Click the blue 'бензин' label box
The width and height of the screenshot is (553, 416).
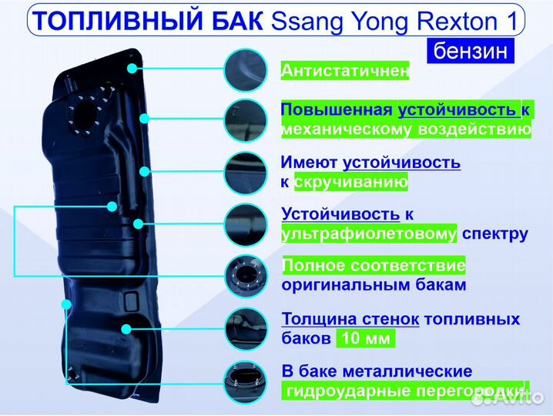tap(470, 51)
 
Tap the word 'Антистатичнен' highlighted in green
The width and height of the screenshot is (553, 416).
tap(344, 71)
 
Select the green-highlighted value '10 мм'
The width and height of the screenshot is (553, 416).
tap(365, 339)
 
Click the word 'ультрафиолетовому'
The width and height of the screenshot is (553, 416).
tap(369, 233)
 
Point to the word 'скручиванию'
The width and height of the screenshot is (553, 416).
tap(350, 183)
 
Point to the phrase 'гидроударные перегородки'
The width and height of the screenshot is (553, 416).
tap(405, 391)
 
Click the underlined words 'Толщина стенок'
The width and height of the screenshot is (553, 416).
tap(350, 319)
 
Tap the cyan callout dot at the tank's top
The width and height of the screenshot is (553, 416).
tap(132, 68)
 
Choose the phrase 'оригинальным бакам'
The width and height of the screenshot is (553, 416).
tap(374, 285)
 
